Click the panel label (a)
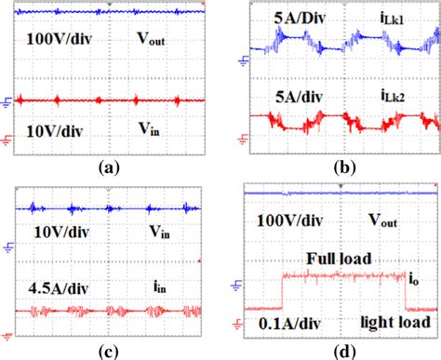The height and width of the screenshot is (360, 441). pyautogui.click(x=109, y=170)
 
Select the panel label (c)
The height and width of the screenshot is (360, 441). pyautogui.click(x=109, y=351)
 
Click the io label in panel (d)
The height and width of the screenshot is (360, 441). pyautogui.click(x=412, y=276)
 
